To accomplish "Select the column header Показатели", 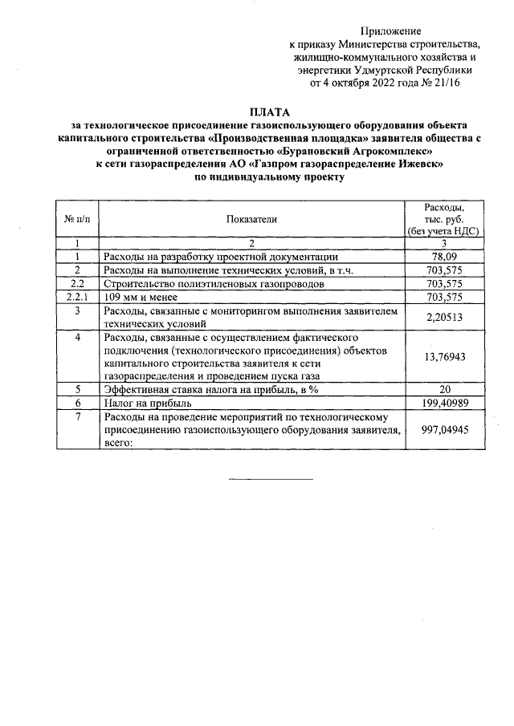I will click(x=251, y=217).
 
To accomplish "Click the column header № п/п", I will click(x=77, y=217).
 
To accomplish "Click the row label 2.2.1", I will click(x=77, y=296).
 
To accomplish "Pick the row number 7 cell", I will click(x=77, y=416).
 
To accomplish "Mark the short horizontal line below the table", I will click(x=271, y=480).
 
